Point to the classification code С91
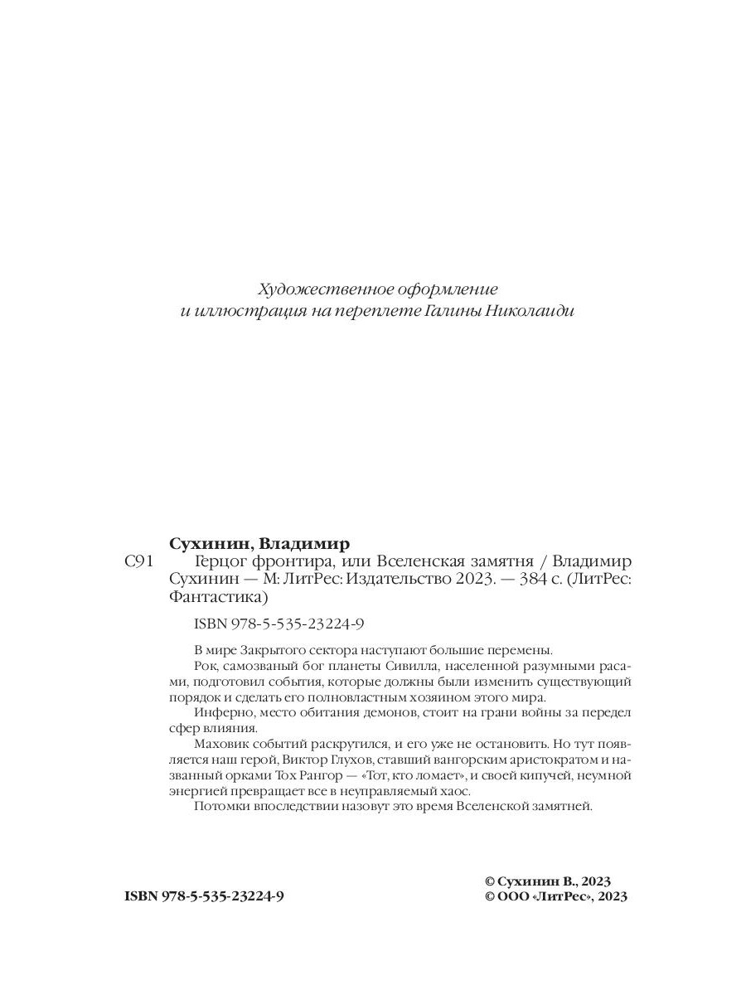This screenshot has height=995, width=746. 138,563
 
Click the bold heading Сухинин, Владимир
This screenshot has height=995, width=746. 259,544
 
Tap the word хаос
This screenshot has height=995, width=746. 453,791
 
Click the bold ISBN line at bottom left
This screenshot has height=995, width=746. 204,896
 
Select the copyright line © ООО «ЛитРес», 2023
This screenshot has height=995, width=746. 555,896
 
